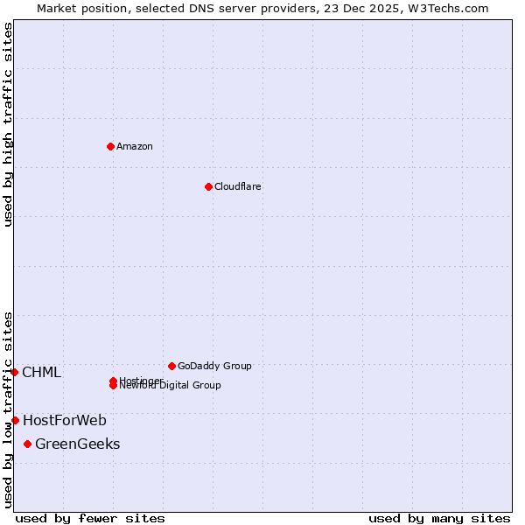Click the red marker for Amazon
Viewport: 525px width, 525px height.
pyautogui.click(x=110, y=146)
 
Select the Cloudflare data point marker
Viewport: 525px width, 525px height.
pyautogui.click(x=208, y=186)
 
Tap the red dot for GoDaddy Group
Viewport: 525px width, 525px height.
pyautogui.click(x=171, y=366)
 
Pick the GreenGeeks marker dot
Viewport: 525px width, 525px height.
pyautogui.click(x=27, y=444)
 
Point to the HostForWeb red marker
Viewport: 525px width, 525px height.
pyautogui.click(x=15, y=421)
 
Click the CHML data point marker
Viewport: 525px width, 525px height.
pyautogui.click(x=14, y=373)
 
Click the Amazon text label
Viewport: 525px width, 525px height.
pyautogui.click(x=134, y=146)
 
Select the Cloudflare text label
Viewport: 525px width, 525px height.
pyautogui.click(x=237, y=186)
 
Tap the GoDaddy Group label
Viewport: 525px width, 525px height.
pyautogui.click(x=214, y=366)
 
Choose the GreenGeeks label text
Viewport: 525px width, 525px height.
pyautogui.click(x=77, y=444)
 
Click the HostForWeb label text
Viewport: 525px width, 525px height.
pyautogui.click(x=64, y=421)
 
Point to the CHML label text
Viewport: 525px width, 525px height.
pyautogui.click(x=41, y=373)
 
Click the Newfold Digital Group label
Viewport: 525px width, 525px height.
pyautogui.click(x=171, y=386)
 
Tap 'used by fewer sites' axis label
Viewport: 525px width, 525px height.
pyautogui.click(x=90, y=519)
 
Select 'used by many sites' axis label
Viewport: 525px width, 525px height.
pyautogui.click(x=439, y=519)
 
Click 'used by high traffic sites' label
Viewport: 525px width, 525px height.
pyautogui.click(x=8, y=124)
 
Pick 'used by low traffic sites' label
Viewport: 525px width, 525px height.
pyautogui.click(x=8, y=409)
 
